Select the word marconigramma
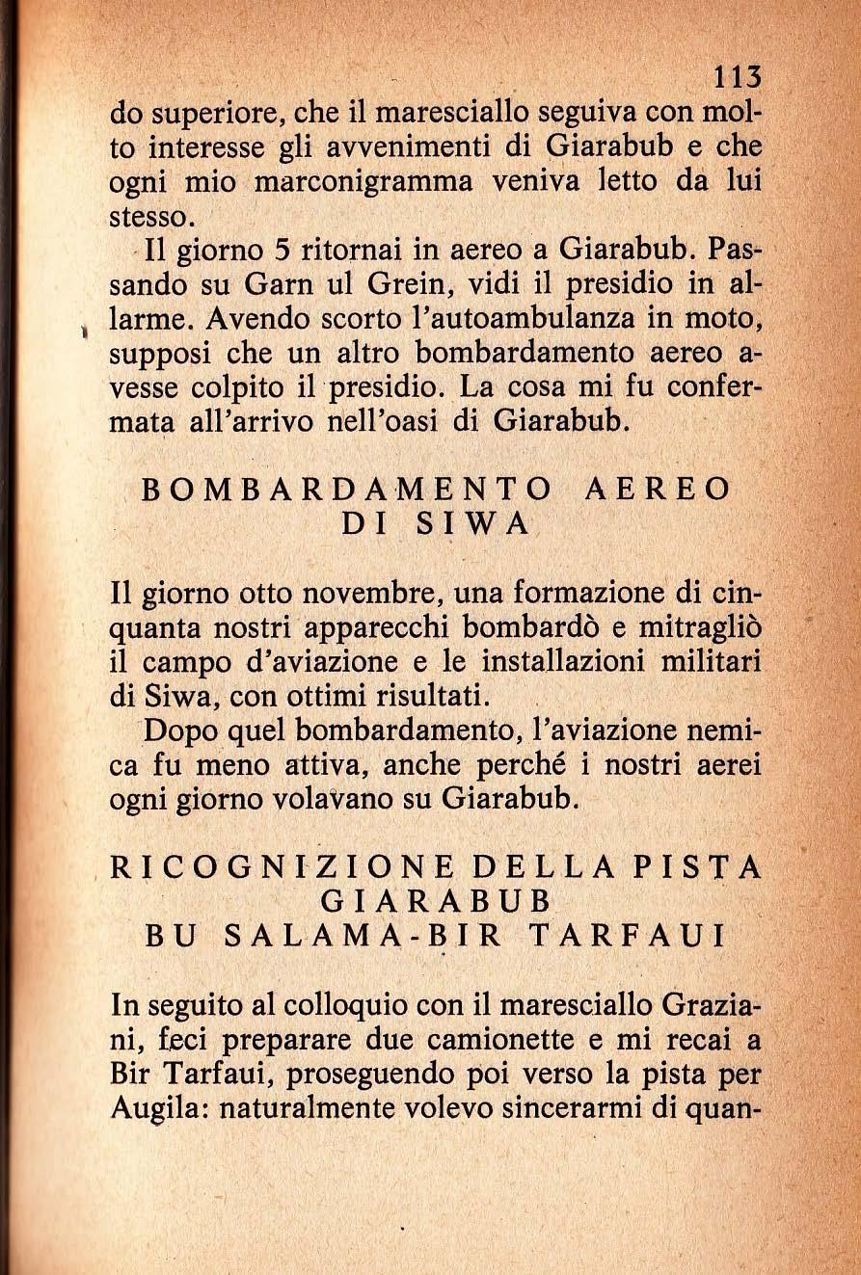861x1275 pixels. pos(361,184)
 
